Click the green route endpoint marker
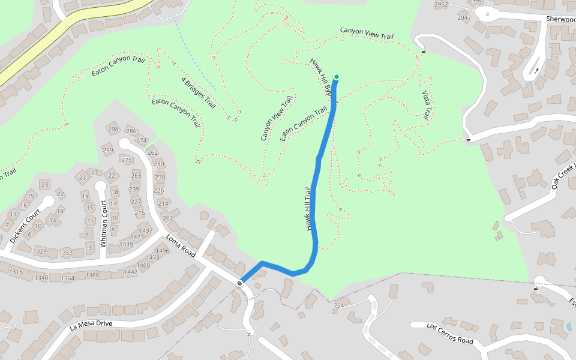point(337,77)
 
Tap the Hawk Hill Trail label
point(309,209)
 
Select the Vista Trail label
point(427,106)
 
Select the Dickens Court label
point(25,226)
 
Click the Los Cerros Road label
point(450,333)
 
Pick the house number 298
point(113,130)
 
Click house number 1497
point(146,230)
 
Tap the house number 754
point(339,306)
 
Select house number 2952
point(441,5)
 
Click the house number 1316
point(16,272)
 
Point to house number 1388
point(92,275)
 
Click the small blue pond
point(569,327)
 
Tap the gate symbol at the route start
point(239,282)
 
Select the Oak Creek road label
point(563,176)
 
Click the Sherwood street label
point(560,19)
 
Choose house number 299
point(108,150)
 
